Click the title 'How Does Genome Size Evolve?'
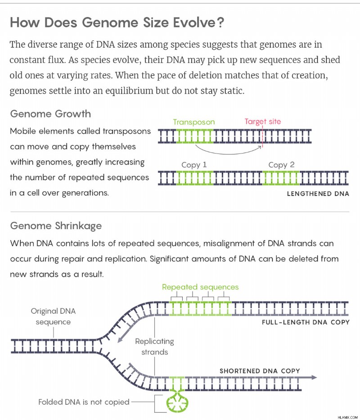coord(117,22)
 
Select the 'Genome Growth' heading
coord(50,114)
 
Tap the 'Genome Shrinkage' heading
coord(56,226)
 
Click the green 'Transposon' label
coord(194,122)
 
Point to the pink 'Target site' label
coord(263,122)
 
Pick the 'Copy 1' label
coord(194,164)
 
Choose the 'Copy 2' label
coord(281,164)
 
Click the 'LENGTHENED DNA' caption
coord(318,194)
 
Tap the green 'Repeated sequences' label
coord(200,287)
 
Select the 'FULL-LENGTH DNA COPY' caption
coord(306,322)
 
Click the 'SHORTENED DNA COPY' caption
coord(260,371)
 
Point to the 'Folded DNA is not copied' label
coord(84,402)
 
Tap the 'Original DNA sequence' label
coord(53,316)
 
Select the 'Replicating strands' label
coord(154,347)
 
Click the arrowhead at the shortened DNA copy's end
coord(313,377)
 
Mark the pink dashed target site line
coord(262,136)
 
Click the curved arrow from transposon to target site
coord(228,153)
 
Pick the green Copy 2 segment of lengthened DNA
coord(281,178)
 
